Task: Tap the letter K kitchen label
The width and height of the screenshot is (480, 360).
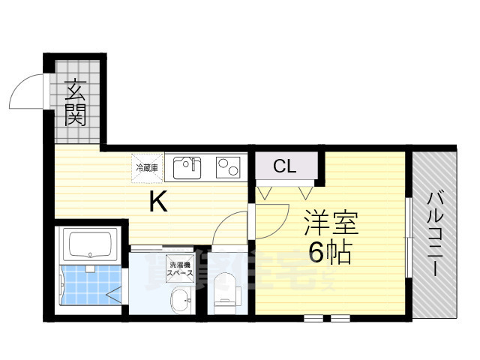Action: (157, 201)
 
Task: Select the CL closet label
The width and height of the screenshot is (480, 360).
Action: (284, 166)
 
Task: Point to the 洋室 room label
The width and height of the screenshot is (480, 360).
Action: (331, 223)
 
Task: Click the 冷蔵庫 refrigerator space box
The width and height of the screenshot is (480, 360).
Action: (147, 167)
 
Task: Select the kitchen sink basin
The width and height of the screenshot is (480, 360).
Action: (187, 167)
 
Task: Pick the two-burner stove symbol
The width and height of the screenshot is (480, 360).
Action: (228, 167)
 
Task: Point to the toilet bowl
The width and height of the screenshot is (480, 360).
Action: (224, 289)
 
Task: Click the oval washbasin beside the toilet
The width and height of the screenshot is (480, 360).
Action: (180, 304)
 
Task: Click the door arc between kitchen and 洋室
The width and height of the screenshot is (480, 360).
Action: (231, 226)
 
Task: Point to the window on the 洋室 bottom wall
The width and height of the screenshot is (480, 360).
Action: (327, 318)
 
